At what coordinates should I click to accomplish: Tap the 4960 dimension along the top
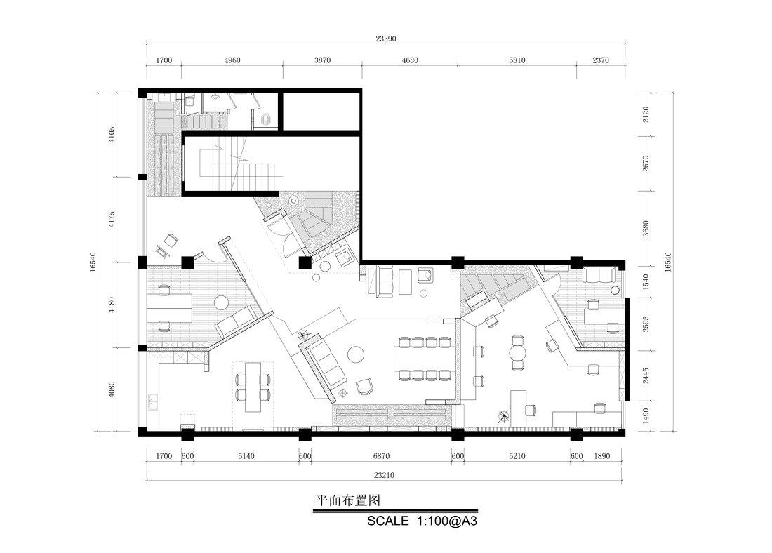232,61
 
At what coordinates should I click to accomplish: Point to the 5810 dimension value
517,61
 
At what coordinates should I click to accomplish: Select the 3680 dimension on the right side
646,229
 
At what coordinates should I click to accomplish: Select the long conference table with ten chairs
425,359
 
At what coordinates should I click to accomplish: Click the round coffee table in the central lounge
356,354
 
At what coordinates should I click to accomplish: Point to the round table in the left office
222,302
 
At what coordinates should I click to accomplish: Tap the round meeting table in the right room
518,354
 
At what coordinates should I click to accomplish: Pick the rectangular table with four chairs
252,387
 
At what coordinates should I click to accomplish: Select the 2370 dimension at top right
600,61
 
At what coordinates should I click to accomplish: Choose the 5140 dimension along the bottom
246,456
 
